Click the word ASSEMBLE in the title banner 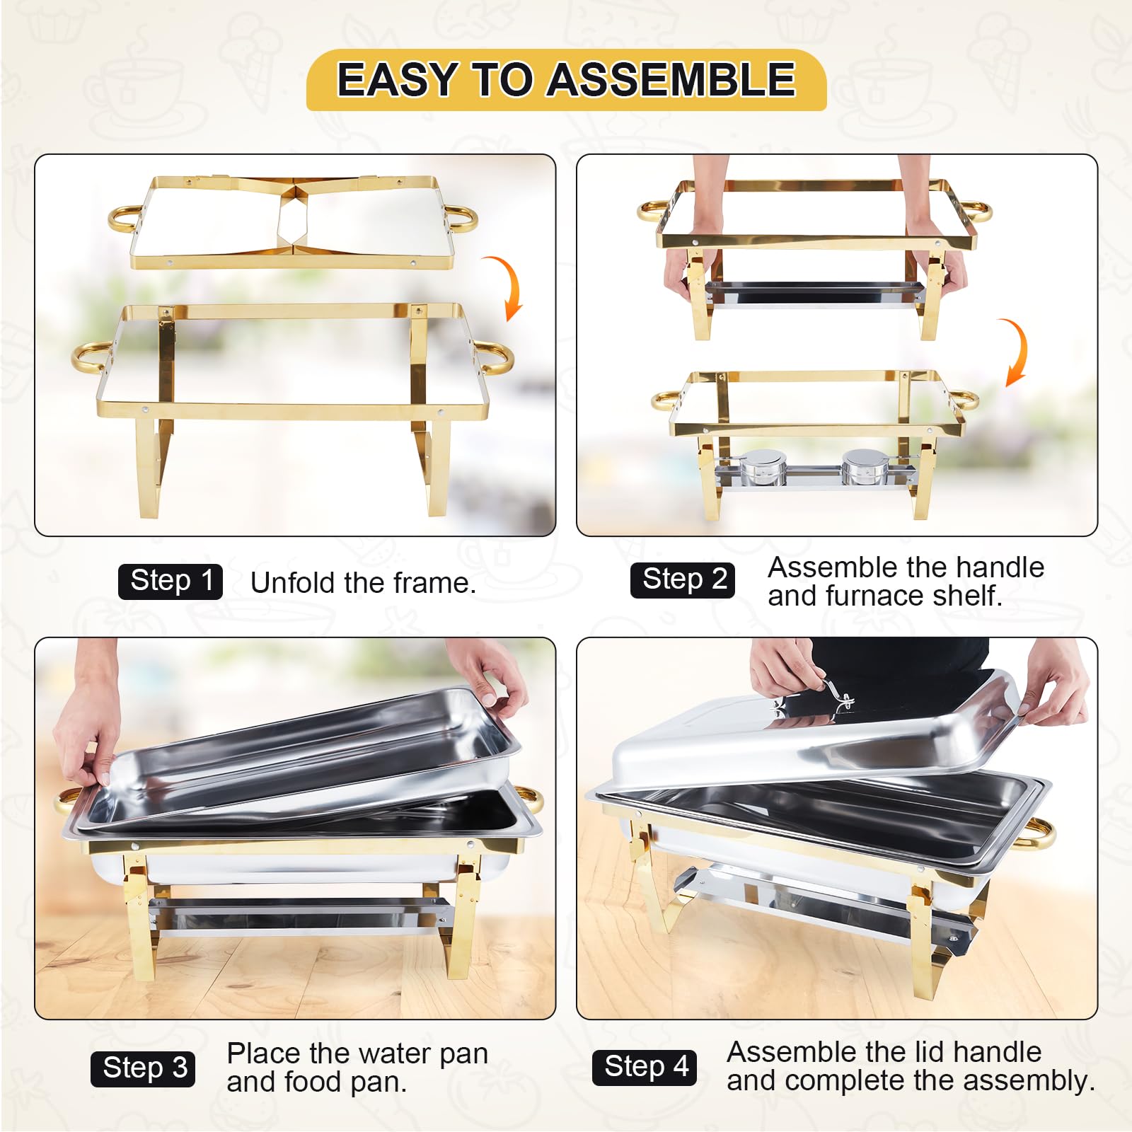(672, 79)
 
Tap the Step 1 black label (171, 581)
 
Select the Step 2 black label (683, 579)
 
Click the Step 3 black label (143, 1068)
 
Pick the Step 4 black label (645, 1066)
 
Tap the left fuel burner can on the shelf (762, 468)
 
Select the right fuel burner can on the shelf (862, 466)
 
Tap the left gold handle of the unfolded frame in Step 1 (91, 358)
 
